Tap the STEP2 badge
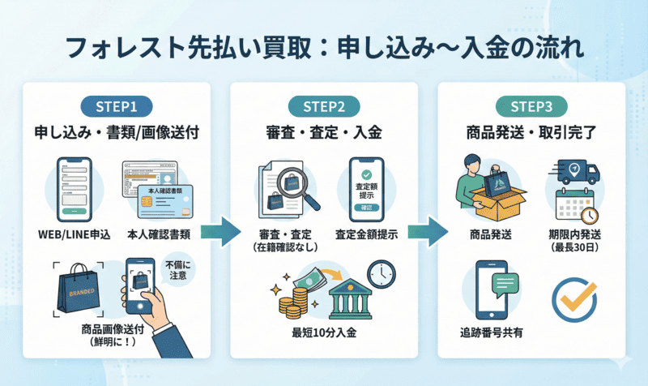click(x=323, y=106)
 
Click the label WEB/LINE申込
click(x=75, y=234)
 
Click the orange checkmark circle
click(x=574, y=298)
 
